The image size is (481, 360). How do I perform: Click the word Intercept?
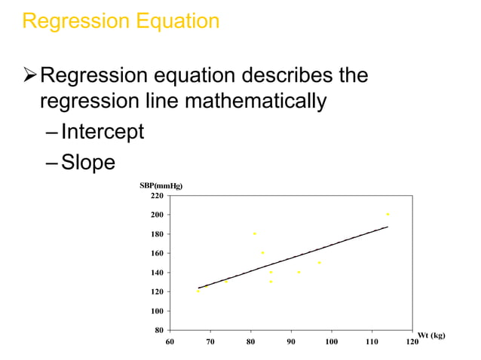102,133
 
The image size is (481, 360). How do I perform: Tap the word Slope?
88,163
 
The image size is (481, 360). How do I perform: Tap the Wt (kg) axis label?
432,335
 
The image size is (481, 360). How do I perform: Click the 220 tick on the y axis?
157,196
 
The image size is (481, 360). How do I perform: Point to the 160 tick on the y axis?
157,253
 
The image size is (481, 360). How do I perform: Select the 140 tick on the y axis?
157,273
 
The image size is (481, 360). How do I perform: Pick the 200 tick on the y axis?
157,215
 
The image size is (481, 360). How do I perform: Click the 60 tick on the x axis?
170,342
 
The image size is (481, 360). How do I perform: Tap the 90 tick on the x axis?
291,342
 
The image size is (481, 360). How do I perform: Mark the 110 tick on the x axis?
372,342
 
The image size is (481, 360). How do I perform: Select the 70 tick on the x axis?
210,342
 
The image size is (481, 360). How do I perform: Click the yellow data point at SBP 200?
388,215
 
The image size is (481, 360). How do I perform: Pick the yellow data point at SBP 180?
255,233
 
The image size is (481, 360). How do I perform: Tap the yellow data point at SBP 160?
262,253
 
